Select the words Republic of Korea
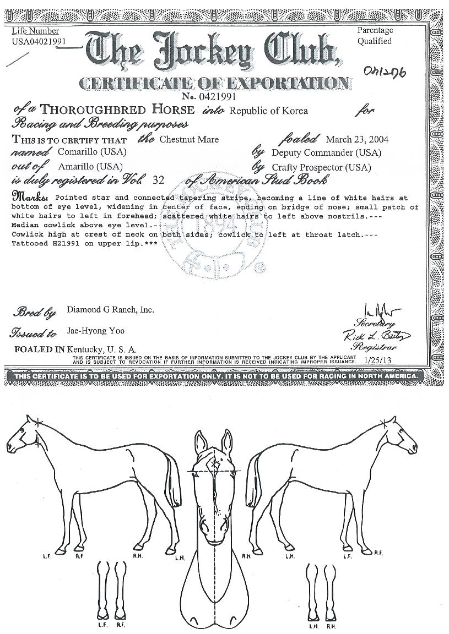click(x=268, y=111)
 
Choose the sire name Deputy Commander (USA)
click(x=326, y=153)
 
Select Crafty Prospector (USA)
click(x=321, y=167)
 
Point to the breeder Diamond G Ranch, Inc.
click(x=110, y=310)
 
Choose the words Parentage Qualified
click(x=375, y=36)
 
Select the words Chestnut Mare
click(x=189, y=139)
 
